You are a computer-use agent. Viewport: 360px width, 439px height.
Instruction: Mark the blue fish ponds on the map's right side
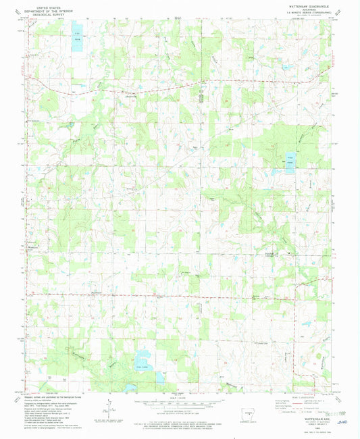290,163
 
